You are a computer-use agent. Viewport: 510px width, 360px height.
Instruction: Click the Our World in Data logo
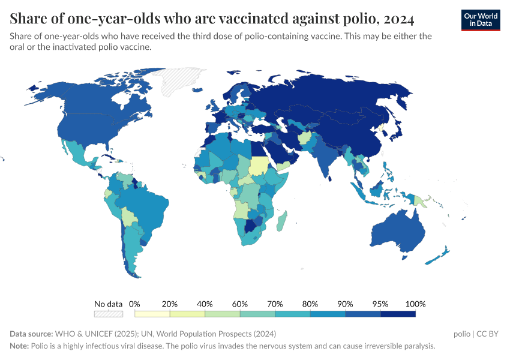480,20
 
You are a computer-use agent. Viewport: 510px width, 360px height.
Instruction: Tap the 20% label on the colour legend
170,304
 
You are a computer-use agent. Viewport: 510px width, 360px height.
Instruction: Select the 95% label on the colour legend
380,304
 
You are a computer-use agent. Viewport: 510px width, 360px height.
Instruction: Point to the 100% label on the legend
415,304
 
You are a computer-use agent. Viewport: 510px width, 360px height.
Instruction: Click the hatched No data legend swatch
109,314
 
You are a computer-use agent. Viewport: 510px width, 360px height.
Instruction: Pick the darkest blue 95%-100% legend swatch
398,314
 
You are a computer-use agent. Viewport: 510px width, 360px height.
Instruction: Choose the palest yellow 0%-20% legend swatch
152,314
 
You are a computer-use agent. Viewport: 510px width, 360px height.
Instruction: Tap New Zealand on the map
438,254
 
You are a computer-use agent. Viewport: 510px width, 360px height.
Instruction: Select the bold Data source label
31,334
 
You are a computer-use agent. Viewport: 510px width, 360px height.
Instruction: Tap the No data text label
109,304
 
